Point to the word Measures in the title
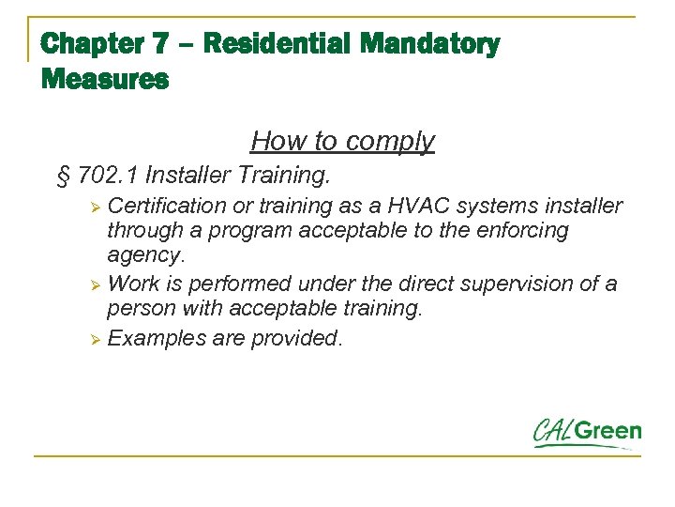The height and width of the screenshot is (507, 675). [x=105, y=81]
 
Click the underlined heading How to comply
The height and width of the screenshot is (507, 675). [x=342, y=141]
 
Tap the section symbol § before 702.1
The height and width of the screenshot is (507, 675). [x=64, y=176]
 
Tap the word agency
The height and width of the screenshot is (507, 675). [x=145, y=255]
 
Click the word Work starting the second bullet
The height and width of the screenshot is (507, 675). [x=134, y=284]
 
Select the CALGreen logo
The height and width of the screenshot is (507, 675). [x=587, y=433]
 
